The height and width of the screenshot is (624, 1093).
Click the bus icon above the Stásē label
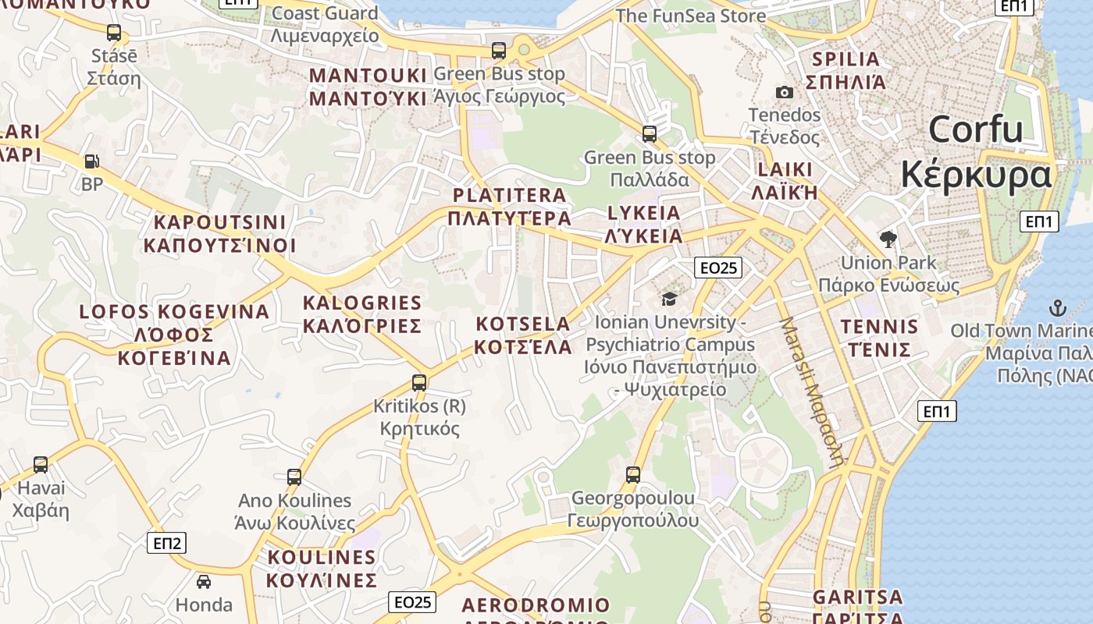click(x=114, y=33)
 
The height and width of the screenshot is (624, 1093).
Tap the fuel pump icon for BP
click(x=92, y=161)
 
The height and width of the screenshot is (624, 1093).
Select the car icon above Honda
click(x=203, y=582)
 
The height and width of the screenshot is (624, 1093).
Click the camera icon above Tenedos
click(x=785, y=93)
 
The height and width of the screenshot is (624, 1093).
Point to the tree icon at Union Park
click(x=888, y=239)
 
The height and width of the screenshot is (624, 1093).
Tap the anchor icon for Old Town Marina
click(x=1057, y=307)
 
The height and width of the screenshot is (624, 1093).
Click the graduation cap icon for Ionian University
click(x=669, y=299)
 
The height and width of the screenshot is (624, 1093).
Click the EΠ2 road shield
click(x=167, y=543)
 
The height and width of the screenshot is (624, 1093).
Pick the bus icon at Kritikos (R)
click(x=419, y=383)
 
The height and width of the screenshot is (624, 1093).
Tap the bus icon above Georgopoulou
click(x=633, y=474)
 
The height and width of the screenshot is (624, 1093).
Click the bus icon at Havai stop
click(x=41, y=465)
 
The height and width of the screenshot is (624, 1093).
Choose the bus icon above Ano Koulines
click(x=294, y=477)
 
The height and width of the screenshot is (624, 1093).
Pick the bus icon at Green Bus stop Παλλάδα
click(x=650, y=133)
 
